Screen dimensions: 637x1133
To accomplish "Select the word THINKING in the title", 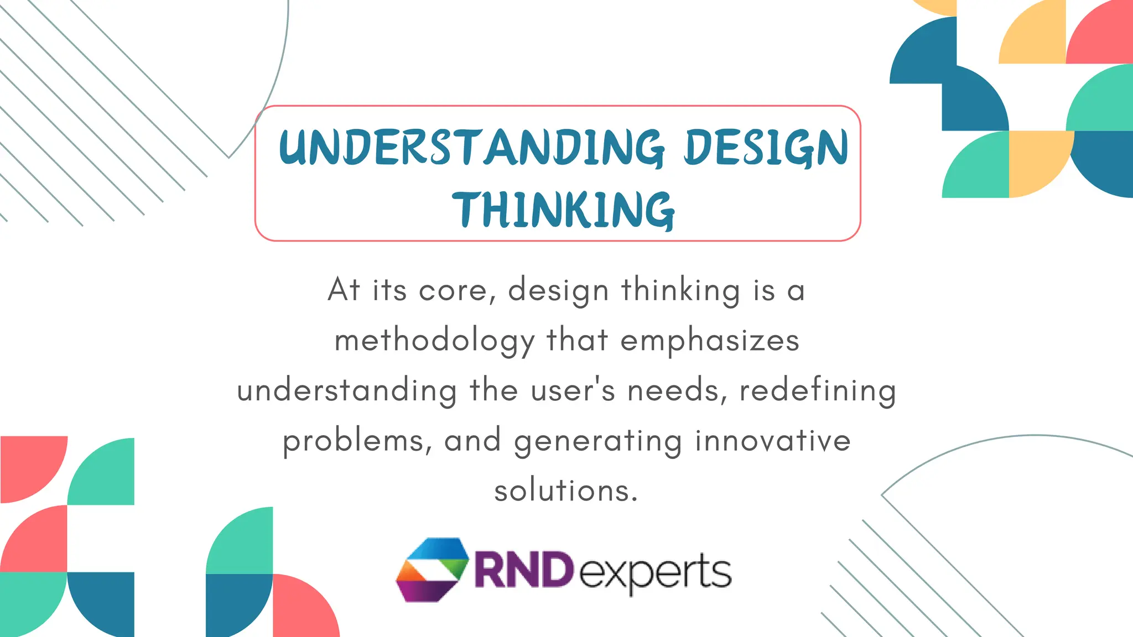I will coord(563,210).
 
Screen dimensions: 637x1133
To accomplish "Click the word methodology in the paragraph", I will coord(434,341).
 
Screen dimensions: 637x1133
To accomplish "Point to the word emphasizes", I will coord(710,341).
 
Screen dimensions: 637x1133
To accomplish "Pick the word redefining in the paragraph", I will coord(817,391).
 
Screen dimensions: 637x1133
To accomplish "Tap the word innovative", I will coord(772,441).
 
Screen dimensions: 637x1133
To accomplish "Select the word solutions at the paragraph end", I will coord(566,490).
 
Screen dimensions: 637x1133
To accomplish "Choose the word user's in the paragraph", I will coord(573,390).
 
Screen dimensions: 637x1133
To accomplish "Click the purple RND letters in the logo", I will coord(523,570).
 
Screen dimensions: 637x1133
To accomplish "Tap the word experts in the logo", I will coord(655,572).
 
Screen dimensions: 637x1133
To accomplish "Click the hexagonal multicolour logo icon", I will coord(432,570).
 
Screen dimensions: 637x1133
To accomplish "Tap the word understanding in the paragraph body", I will coord(347,391).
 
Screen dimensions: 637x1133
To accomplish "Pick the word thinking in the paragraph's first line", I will coord(680,290).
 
